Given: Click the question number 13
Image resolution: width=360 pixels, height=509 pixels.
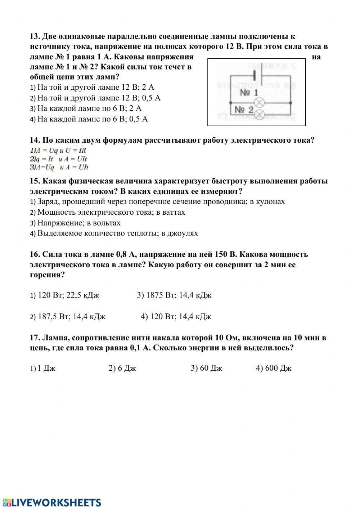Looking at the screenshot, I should pyautogui.click(x=35, y=37).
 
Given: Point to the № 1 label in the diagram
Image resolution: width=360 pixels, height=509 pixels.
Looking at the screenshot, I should pyautogui.click(x=249, y=93).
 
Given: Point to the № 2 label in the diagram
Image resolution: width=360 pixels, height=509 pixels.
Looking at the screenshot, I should pyautogui.click(x=244, y=110).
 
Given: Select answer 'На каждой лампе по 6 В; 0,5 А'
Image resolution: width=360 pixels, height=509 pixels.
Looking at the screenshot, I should pyautogui.click(x=93, y=119).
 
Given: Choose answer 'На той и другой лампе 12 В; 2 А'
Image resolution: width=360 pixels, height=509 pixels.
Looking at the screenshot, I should pyautogui.click(x=95, y=87).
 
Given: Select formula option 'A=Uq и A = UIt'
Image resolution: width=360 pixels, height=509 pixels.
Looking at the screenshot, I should pyautogui.click(x=59, y=167).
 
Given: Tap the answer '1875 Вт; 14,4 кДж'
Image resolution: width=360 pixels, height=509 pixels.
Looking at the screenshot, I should pyautogui.click(x=174, y=295).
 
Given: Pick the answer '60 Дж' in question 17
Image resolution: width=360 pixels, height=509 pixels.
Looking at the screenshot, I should pyautogui.click(x=207, y=368).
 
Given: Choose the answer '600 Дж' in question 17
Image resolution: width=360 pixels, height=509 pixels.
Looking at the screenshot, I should pyautogui.click(x=274, y=368).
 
